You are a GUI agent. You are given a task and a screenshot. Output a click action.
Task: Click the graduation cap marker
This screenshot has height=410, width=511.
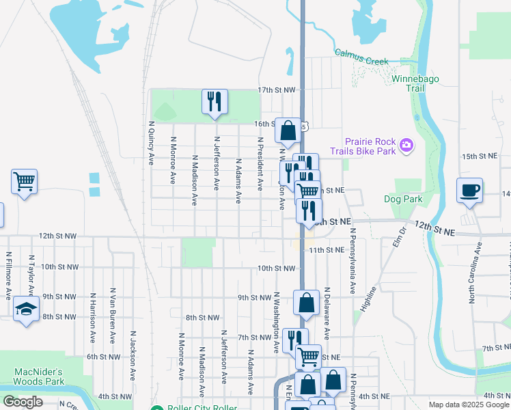pos(26,310)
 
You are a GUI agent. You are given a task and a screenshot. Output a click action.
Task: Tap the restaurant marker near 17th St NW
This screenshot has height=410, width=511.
pos(215,102)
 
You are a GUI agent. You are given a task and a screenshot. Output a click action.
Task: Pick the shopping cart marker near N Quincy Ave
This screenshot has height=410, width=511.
pos(24,182)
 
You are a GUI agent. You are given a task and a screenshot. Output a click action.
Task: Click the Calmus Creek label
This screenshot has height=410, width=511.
pos(361,57)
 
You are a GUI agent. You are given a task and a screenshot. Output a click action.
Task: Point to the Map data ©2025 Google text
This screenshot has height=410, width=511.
pos(469,405)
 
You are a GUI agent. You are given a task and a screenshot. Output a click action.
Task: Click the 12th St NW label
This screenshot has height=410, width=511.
pos(57,235)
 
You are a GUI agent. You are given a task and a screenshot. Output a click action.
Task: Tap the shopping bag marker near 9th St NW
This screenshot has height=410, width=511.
pos(307,303)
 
